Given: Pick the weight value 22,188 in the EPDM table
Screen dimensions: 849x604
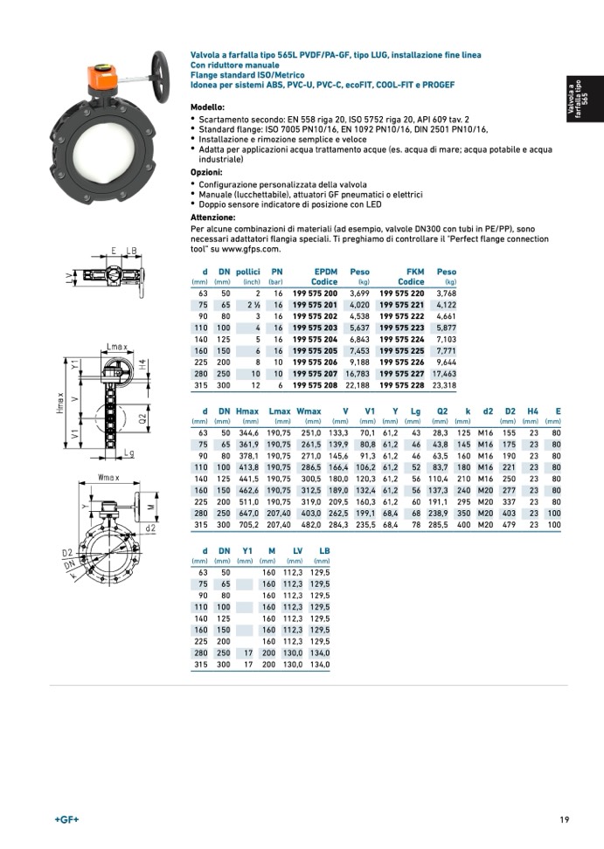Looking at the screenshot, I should (x=358, y=385).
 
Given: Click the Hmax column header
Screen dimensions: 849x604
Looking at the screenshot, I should (x=247, y=411).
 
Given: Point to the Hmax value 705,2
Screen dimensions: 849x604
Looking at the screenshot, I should (x=248, y=524).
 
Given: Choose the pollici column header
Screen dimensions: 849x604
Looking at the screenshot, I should (x=249, y=272).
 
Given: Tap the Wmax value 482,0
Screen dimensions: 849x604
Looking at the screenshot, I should (x=310, y=524).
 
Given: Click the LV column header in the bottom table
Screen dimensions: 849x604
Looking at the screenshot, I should (x=297, y=549).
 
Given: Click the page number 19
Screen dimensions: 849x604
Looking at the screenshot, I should (x=565, y=819).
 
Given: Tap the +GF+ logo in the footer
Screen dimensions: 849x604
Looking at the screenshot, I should (x=66, y=819).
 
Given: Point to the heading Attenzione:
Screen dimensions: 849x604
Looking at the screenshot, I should (x=212, y=217).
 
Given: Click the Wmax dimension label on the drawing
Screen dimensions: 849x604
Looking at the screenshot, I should (x=108, y=478).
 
